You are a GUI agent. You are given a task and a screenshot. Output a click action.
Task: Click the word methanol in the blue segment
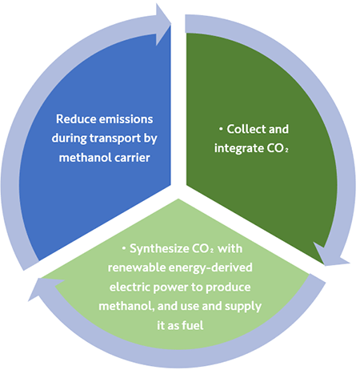(x=86, y=158)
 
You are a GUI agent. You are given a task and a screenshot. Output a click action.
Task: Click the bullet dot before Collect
(x=221, y=130)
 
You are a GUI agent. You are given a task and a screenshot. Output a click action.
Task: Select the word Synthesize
(x=159, y=249)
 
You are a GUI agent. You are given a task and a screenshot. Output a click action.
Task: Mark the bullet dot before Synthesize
(x=124, y=249)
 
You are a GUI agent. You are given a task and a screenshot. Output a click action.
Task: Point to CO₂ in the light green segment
(x=202, y=249)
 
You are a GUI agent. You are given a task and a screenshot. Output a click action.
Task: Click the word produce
(x=228, y=288)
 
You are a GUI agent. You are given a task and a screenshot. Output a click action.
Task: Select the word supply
(x=243, y=307)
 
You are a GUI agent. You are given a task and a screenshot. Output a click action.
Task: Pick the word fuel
(x=192, y=325)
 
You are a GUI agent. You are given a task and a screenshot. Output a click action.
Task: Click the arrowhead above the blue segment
(x=163, y=25)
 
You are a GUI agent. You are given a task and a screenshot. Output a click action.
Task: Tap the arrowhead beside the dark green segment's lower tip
(x=330, y=255)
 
